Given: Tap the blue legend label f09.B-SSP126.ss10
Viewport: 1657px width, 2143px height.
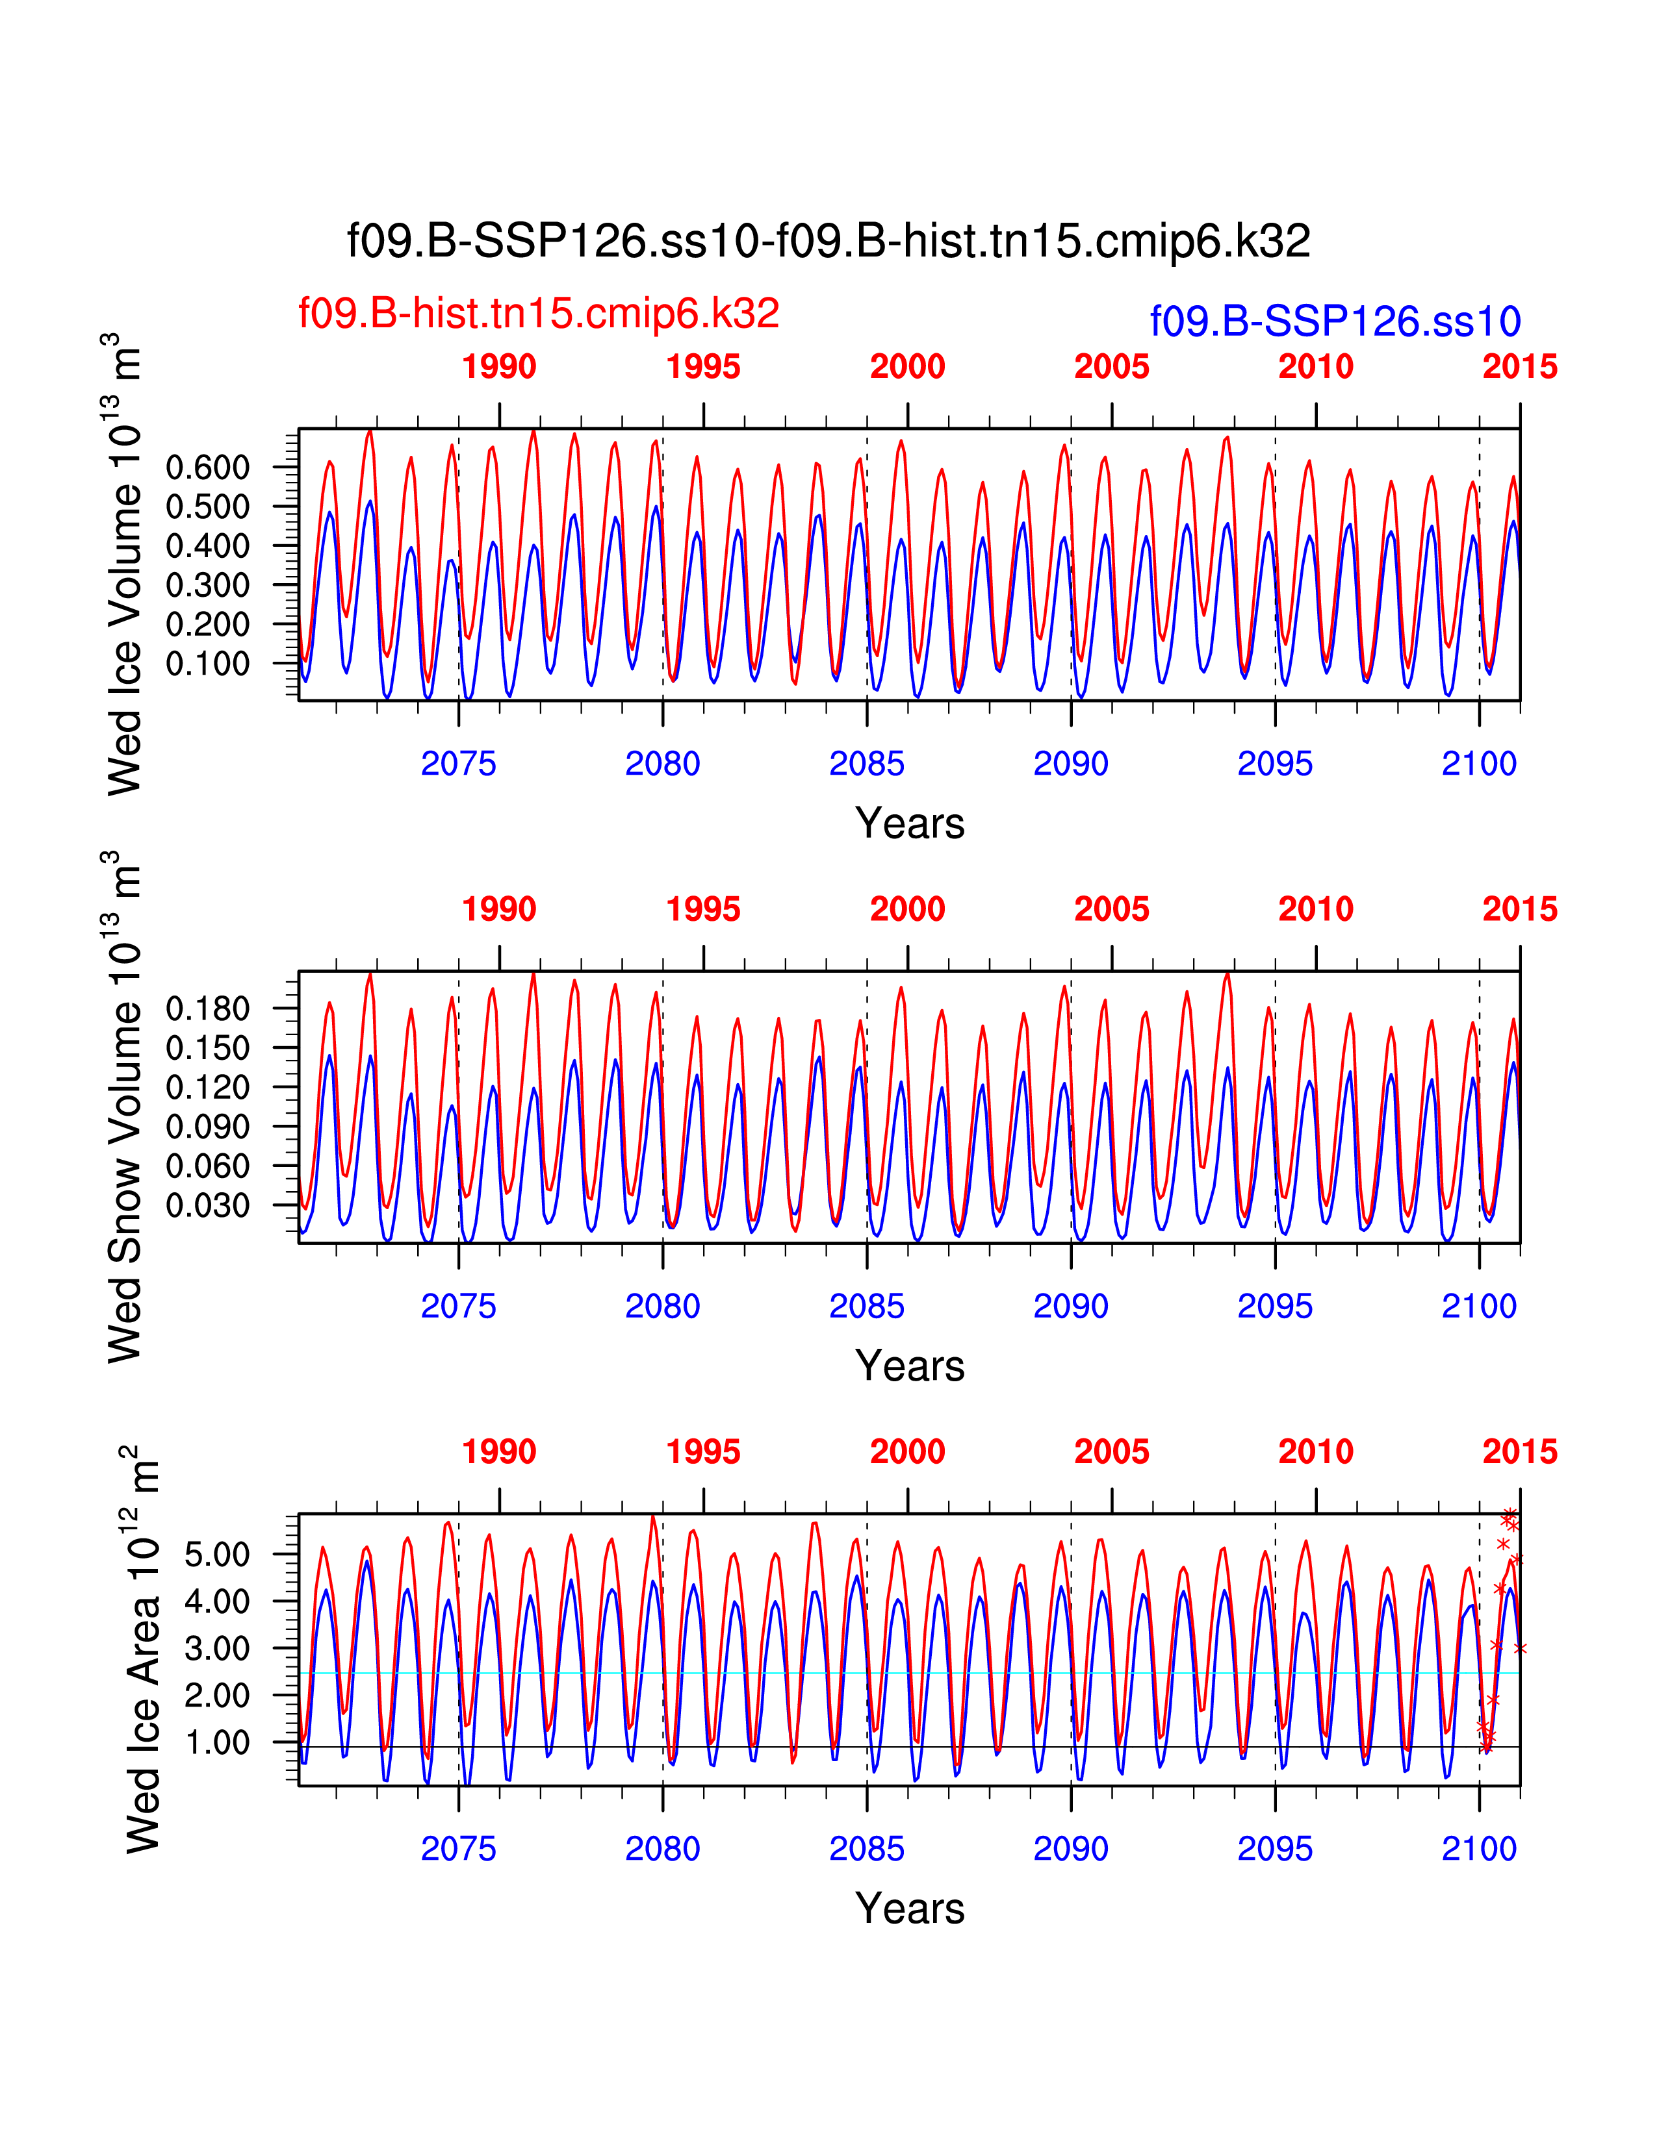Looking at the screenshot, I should (x=1335, y=322).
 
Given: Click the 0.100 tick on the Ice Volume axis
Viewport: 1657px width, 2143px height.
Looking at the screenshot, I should (x=207, y=663).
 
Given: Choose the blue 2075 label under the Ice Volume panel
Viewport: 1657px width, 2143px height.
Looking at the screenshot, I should (x=458, y=764).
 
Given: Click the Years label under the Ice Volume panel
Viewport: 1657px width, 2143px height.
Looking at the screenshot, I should (x=910, y=823).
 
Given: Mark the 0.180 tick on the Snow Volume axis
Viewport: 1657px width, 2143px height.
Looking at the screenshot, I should (x=207, y=1009).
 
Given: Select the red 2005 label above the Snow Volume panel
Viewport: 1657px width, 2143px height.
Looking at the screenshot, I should (x=1111, y=910).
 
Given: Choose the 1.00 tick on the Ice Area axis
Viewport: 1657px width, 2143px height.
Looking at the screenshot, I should (x=217, y=1743).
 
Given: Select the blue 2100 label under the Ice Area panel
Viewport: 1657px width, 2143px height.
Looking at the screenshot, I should (x=1478, y=1849).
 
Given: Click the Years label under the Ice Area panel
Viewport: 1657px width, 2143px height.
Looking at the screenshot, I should (x=910, y=1909).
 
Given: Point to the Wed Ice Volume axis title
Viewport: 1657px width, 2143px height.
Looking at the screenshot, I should (x=125, y=564).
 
